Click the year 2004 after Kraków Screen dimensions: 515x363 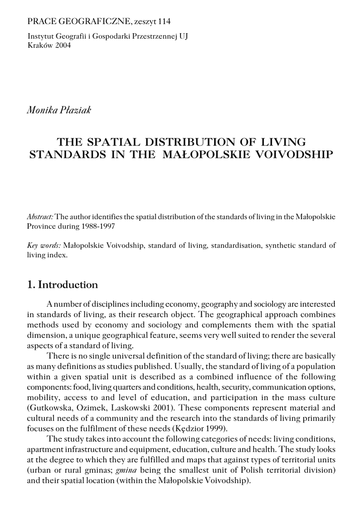pos(62,45)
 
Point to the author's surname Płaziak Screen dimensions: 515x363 pos(74,110)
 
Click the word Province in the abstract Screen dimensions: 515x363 pos(42,226)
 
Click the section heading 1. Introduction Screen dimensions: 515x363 pos(62,285)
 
